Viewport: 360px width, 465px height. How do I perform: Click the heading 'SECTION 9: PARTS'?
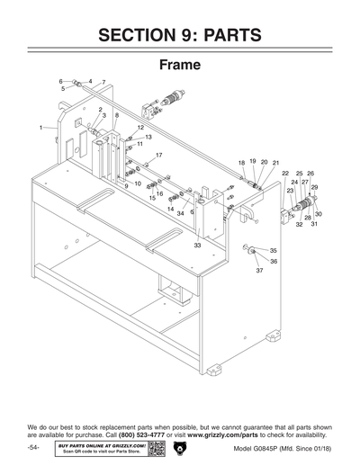pos(180,36)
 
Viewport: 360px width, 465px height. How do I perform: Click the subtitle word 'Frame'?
pos(180,66)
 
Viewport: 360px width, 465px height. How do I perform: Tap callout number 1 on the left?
pos(41,129)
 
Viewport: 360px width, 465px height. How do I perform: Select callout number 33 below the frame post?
pos(197,245)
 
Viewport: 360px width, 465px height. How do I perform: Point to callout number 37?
pos(258,270)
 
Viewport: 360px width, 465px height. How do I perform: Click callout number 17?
pos(158,156)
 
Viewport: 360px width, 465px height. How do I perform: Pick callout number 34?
pos(180,213)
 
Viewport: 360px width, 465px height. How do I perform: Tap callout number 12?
pos(140,129)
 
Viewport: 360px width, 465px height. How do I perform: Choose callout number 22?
pos(285,173)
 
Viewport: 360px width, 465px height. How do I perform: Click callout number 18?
pos(241,162)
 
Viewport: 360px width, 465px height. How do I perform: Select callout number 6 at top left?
pos(61,82)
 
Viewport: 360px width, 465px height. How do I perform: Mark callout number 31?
pos(314,224)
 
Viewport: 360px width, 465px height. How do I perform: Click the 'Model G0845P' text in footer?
pos(256,448)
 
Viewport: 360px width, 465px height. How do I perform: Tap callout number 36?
pos(274,261)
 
